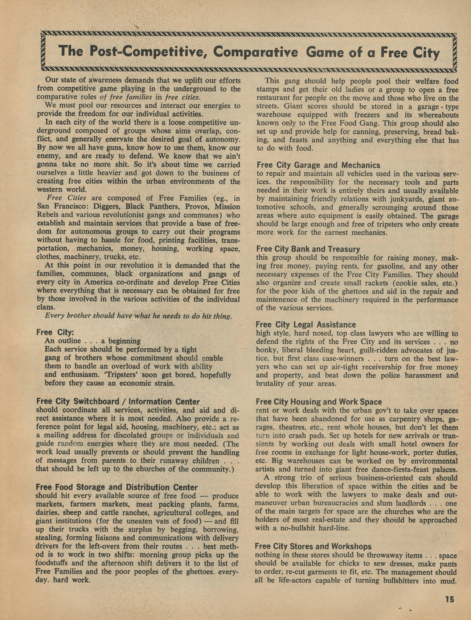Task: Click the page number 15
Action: [450, 599]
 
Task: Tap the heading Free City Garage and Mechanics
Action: [318, 165]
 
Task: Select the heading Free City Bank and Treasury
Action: [308, 249]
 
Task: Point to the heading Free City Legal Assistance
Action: [306, 324]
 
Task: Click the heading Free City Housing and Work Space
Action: [319, 402]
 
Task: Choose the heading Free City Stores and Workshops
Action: [313, 546]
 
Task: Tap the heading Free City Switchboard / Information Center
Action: [118, 402]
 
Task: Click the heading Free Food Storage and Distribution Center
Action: [117, 487]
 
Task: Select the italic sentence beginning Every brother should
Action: [138, 316]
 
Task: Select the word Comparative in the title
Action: [256, 52]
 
